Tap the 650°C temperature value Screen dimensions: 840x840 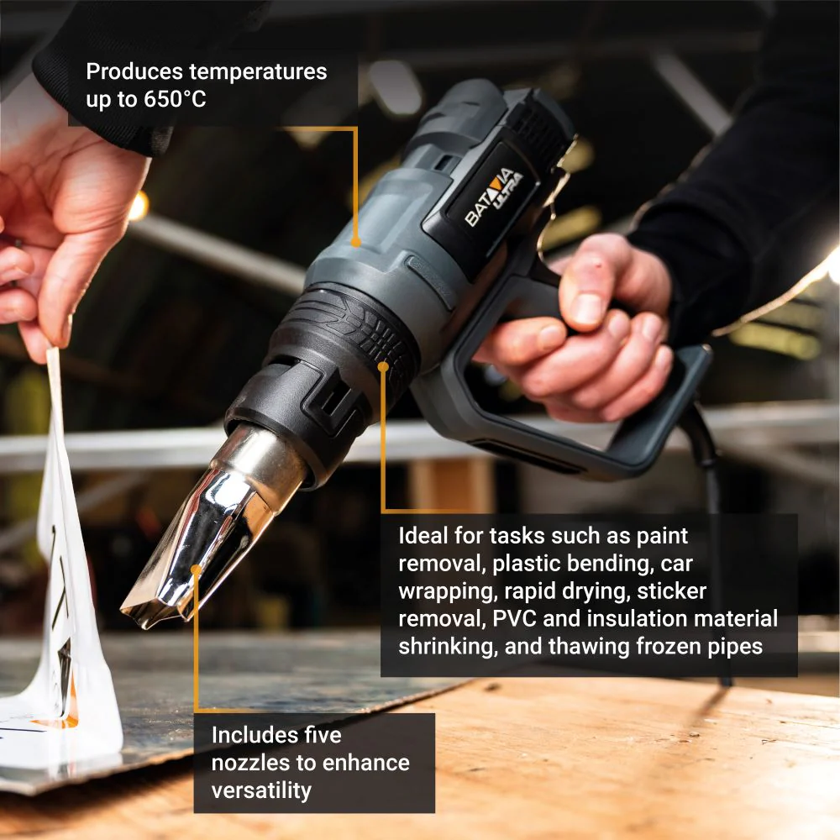tap(175, 99)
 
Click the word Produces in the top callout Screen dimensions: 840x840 tap(134, 71)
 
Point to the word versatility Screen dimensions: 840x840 tap(261, 790)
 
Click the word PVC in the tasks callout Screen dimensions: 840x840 tap(514, 619)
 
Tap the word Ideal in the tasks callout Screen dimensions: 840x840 tap(423, 536)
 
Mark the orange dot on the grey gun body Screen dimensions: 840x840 tap(355, 242)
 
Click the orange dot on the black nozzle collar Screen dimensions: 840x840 tap(383, 366)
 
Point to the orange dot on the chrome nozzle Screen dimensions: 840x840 tap(197, 569)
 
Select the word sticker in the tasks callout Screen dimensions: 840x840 tap(671, 591)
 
